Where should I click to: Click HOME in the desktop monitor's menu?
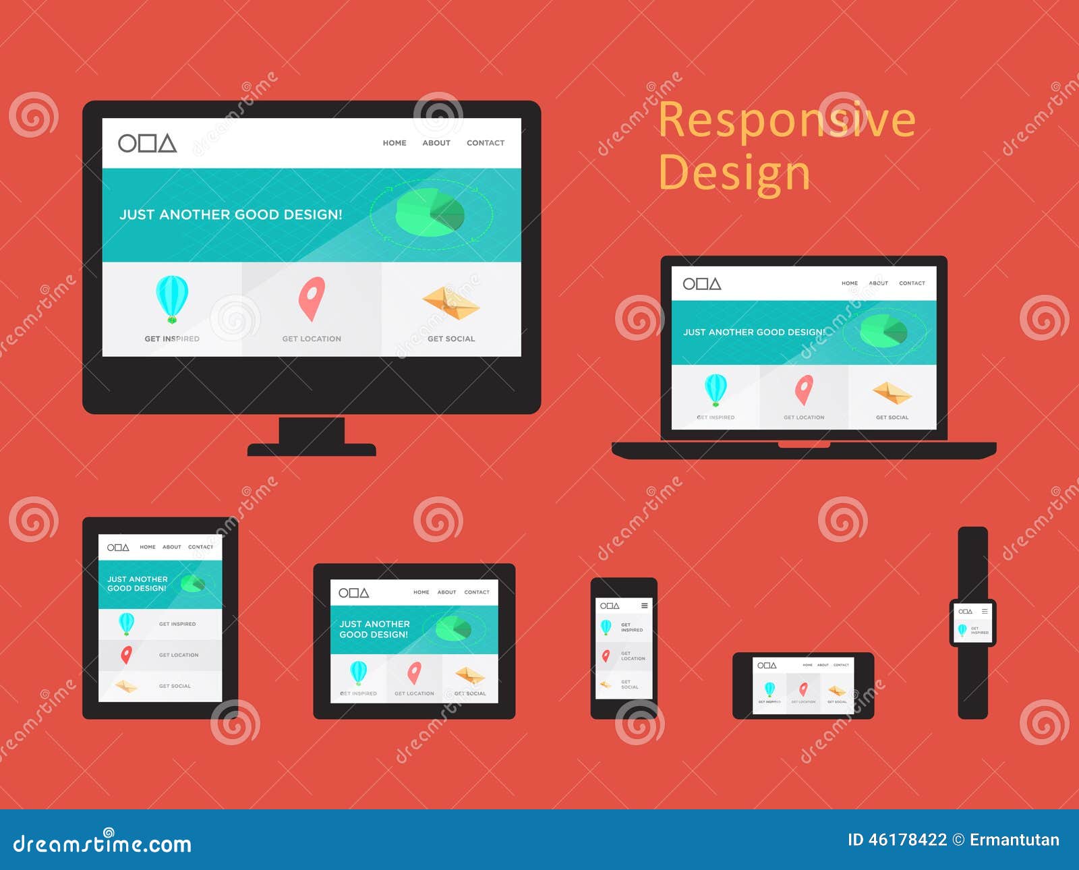point(395,143)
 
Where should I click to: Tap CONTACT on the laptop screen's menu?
point(912,283)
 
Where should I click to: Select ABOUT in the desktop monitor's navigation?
point(436,143)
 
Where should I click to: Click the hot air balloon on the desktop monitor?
point(172,298)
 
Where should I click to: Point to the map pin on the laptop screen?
point(804,390)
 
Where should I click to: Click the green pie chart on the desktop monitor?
point(430,212)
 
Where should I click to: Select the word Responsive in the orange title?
point(786,120)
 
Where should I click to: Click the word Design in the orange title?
point(734,173)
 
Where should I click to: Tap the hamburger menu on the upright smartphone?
point(645,606)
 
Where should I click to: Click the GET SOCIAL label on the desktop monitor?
point(451,339)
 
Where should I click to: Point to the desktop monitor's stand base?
point(312,449)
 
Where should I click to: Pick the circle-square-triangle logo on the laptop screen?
point(702,284)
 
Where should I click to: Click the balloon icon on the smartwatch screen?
point(962,631)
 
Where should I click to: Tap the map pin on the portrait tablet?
point(126,654)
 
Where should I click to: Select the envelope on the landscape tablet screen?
point(470,675)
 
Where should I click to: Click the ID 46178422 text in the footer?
point(897,840)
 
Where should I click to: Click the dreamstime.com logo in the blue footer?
point(103,843)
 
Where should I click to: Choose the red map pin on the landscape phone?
point(803,689)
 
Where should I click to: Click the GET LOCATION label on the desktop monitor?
point(312,339)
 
